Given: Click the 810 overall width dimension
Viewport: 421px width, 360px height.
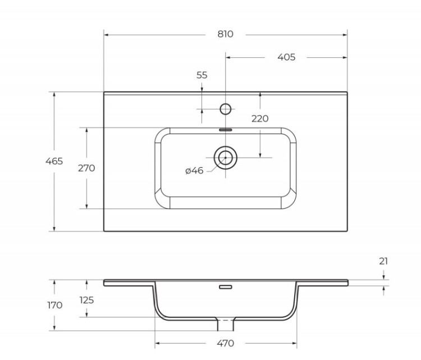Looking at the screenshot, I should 225,34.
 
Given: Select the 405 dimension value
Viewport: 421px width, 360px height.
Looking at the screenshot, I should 286,57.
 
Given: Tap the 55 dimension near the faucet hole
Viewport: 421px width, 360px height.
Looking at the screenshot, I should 202,75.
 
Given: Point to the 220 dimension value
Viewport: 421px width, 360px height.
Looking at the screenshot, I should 260,118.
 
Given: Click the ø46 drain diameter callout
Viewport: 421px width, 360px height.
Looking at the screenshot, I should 194,170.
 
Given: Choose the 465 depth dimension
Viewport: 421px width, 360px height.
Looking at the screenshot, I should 54,161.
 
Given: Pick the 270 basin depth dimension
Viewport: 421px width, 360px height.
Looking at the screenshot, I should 86,168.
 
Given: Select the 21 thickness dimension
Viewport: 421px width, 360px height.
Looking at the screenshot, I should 383,261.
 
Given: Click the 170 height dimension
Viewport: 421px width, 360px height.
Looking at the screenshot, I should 54,305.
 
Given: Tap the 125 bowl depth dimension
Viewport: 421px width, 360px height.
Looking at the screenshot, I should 86,300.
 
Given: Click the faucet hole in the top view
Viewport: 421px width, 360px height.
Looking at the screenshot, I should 225,109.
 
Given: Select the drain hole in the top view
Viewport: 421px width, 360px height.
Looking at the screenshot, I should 226,158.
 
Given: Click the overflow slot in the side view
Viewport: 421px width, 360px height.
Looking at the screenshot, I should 225,287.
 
